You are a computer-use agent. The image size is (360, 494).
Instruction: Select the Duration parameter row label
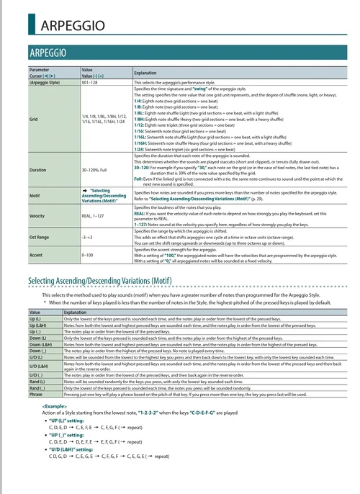[x=37, y=170]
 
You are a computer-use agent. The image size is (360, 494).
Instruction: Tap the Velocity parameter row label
[x=37, y=215]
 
